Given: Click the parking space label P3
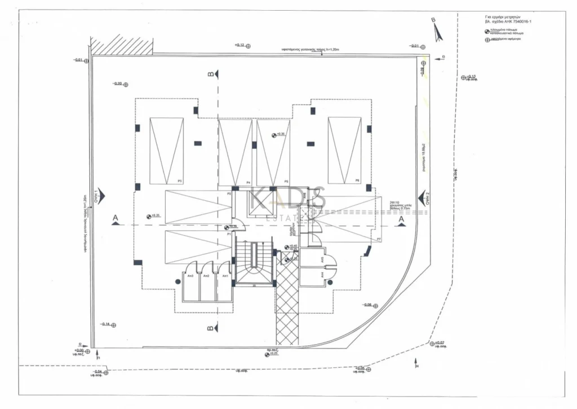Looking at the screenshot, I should [x=179, y=181].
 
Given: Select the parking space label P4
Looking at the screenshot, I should [x=248, y=182].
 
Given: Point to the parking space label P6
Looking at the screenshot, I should [x=357, y=181].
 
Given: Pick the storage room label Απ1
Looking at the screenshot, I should [x=225, y=275].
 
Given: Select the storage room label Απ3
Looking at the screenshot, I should [x=191, y=275].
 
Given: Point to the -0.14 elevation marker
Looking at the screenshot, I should [x=107, y=324].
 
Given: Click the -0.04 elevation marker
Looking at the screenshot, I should [x=100, y=372].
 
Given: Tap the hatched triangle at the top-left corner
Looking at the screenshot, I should [x=122, y=45].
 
